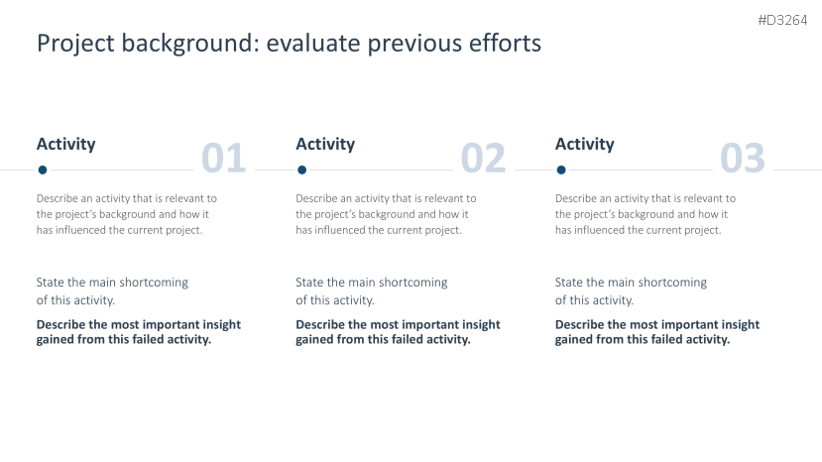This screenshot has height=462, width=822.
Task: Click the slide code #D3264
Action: (782, 21)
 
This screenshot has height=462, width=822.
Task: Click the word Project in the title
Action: (75, 44)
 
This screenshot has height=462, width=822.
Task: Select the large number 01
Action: (223, 158)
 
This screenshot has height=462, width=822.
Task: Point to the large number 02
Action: (483, 158)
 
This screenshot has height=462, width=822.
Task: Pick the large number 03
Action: (743, 158)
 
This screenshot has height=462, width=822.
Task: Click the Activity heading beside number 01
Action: (66, 144)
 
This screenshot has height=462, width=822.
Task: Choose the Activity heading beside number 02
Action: (325, 144)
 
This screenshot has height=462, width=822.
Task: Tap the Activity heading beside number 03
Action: (584, 144)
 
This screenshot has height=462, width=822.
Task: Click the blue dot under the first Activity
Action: (43, 170)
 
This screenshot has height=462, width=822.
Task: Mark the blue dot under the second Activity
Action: (302, 170)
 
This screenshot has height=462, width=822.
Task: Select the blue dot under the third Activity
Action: (561, 170)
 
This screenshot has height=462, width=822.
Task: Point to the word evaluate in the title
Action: (313, 43)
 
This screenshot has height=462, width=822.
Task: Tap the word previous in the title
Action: (414, 44)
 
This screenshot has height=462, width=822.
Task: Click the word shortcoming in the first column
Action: (156, 283)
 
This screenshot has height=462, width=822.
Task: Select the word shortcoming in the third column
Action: (674, 283)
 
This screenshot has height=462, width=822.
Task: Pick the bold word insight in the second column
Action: (481, 325)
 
